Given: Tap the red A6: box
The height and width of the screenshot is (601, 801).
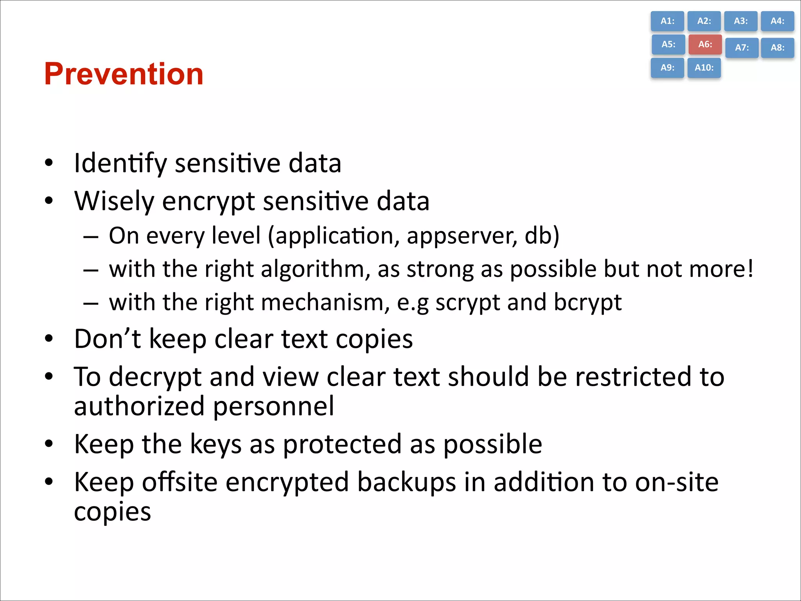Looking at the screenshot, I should pyautogui.click(x=705, y=44).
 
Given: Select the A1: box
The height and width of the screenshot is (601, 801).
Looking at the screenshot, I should pyautogui.click(x=667, y=21).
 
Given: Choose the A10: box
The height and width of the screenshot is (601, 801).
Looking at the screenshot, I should pyautogui.click(x=704, y=68).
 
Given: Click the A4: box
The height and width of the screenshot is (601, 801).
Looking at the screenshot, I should pyautogui.click(x=777, y=21).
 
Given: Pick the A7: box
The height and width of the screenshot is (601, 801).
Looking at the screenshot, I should pyautogui.click(x=742, y=48).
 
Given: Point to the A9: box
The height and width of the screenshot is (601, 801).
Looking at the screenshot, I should pyautogui.click(x=667, y=68).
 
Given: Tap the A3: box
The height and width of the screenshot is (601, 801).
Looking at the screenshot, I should pyautogui.click(x=740, y=21).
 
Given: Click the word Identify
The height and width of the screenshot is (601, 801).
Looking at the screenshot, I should pyautogui.click(x=120, y=163).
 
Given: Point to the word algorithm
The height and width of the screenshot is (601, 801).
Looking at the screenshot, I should pyautogui.click(x=315, y=270).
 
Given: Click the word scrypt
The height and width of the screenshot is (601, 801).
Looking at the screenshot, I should pyautogui.click(x=468, y=302).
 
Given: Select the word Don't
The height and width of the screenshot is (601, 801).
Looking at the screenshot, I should pyautogui.click(x=107, y=338).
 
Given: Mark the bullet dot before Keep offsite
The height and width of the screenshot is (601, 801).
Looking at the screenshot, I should pyautogui.click(x=48, y=482).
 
